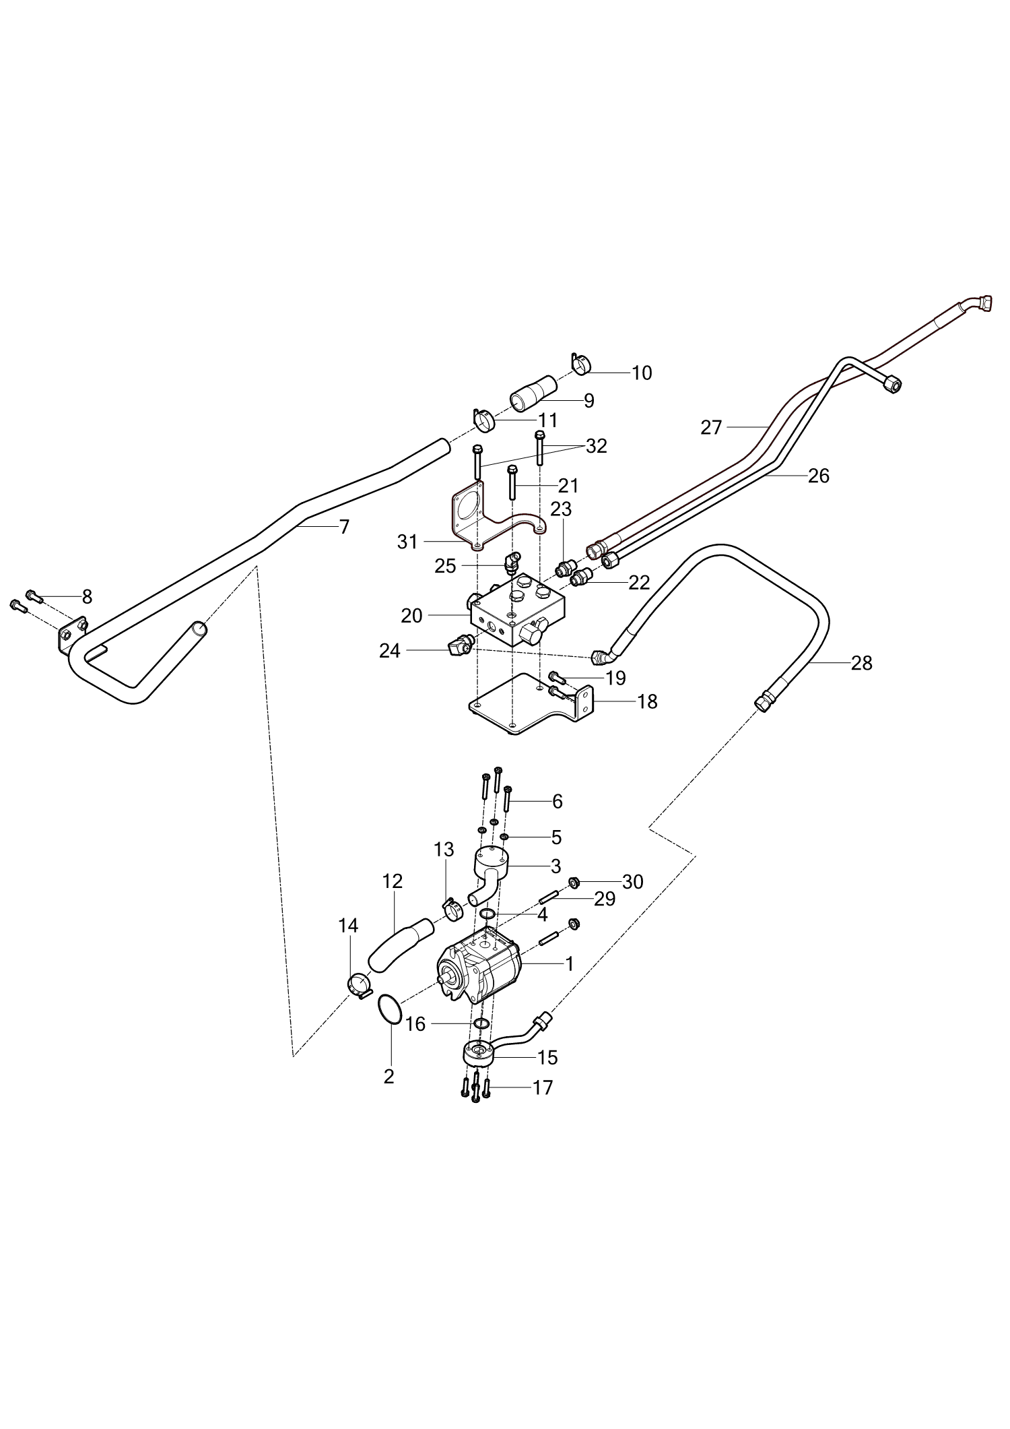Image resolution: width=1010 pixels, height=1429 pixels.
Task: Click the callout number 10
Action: [642, 373]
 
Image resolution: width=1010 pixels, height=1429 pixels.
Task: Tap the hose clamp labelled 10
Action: [580, 364]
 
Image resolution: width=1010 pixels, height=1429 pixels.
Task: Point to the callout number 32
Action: [597, 446]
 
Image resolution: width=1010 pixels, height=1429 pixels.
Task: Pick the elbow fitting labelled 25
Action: [512, 561]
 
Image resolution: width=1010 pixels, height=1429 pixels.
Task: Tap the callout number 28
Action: [861, 664]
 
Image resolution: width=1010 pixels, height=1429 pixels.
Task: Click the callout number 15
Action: [548, 1058]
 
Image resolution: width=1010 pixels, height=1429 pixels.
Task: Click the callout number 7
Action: [344, 527]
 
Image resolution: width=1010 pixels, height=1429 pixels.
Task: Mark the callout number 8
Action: [87, 597]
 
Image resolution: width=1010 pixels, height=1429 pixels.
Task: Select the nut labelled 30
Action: [575, 882]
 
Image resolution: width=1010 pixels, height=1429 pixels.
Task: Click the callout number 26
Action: [818, 476]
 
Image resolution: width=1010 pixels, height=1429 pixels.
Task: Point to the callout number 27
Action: [711, 428]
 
